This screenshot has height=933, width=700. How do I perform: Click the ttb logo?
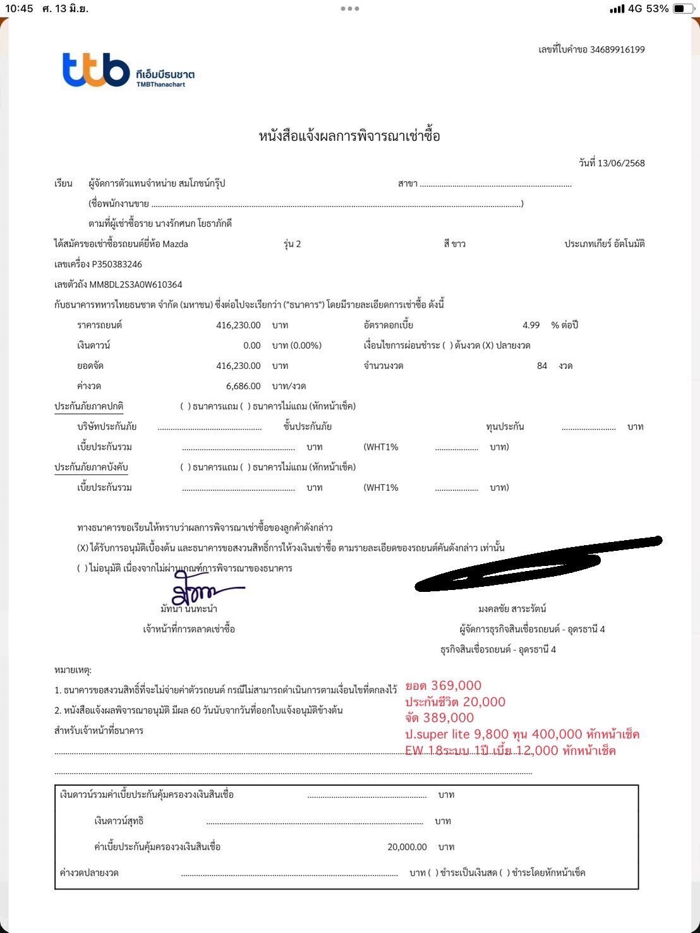click(x=96, y=69)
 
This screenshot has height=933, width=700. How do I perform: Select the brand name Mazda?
click(x=175, y=244)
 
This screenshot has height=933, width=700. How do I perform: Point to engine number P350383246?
click(x=117, y=264)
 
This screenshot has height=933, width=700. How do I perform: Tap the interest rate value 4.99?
click(x=531, y=325)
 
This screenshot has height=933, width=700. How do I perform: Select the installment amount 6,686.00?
click(x=243, y=386)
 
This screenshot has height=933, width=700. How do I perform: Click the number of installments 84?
click(x=541, y=366)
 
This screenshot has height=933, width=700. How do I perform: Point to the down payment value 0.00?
click(x=251, y=346)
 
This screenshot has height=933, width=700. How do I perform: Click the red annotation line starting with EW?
click(x=510, y=750)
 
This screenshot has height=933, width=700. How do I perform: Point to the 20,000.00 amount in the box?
click(x=407, y=847)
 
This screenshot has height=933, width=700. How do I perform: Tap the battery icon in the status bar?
click(x=682, y=9)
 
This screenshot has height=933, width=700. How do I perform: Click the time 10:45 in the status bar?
click(x=19, y=9)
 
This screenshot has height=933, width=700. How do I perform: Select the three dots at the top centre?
click(x=349, y=9)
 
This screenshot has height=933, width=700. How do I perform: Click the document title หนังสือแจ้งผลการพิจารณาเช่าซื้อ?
click(x=349, y=136)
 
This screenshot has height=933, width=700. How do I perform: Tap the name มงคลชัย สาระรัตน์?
click(x=512, y=609)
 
